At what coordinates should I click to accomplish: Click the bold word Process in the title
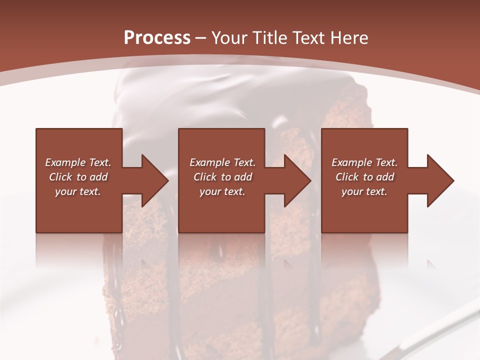point(157,38)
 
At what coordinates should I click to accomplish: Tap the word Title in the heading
point(265,38)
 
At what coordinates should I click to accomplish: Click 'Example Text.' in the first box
point(78,162)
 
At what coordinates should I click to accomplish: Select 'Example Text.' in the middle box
point(222,162)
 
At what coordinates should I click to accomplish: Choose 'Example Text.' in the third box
point(364,162)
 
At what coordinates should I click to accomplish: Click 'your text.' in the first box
point(78,191)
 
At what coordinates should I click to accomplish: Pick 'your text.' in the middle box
point(222,191)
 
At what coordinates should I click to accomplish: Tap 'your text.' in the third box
point(364,191)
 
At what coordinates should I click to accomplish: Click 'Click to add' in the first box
point(78,177)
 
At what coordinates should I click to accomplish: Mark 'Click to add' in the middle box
point(222,177)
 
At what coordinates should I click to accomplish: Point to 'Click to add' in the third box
point(364,177)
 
